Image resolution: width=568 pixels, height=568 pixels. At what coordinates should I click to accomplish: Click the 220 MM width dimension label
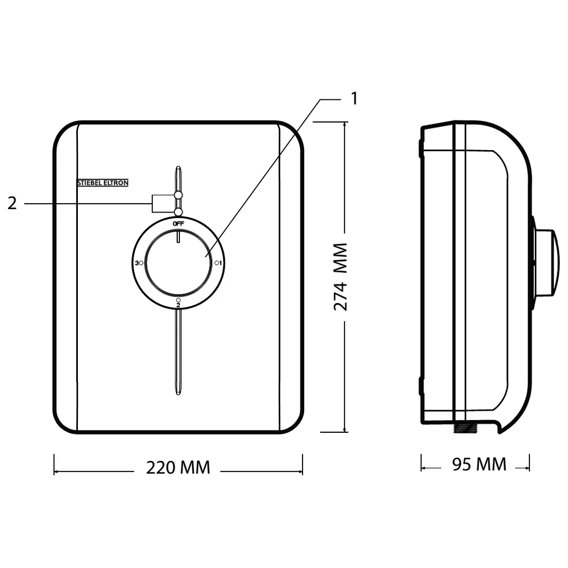(178, 468)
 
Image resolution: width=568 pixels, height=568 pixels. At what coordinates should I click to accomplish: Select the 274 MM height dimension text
(340, 277)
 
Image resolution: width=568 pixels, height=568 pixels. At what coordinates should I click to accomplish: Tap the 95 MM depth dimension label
(479, 464)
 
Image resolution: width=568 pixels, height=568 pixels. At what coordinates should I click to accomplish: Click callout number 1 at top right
(354, 98)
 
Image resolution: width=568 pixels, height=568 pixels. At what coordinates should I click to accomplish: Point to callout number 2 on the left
(12, 204)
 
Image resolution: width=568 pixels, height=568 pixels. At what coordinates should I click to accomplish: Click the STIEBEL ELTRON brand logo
(103, 183)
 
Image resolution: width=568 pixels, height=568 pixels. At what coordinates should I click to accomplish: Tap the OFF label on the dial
(178, 224)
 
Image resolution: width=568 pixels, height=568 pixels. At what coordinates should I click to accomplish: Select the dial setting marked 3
(136, 263)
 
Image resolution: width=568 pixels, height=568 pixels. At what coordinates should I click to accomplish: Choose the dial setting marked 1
(221, 263)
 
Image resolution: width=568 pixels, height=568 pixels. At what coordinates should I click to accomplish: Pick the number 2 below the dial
(178, 305)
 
